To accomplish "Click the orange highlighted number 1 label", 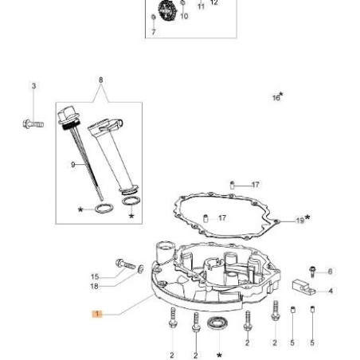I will pyautogui.click(x=97, y=314).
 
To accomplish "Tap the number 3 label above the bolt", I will pyautogui.click(x=34, y=85).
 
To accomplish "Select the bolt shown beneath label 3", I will pyautogui.click(x=33, y=123).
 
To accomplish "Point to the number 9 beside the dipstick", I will pyautogui.click(x=72, y=164).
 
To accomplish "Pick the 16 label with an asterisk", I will pyautogui.click(x=277, y=97).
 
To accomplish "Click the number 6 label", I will pyautogui.click(x=330, y=272).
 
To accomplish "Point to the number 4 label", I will pyautogui.click(x=331, y=291).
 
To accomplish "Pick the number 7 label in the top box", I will pyautogui.click(x=153, y=33).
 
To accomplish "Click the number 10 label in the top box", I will pyautogui.click(x=184, y=17).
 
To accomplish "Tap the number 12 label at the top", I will pyautogui.click(x=213, y=3).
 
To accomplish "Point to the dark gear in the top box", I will pyautogui.click(x=166, y=10).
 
